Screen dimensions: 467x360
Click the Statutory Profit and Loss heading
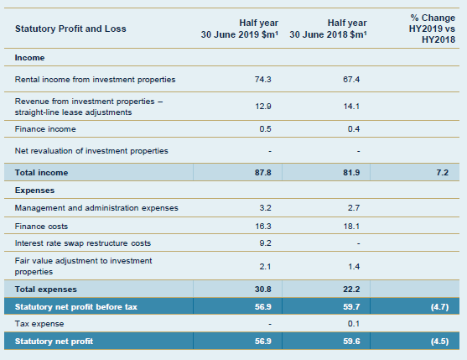(x=70, y=29)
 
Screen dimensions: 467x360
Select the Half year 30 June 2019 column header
(x=240, y=29)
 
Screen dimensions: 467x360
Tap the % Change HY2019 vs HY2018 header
(x=432, y=29)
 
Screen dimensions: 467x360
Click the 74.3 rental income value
(x=262, y=80)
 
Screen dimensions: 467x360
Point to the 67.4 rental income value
(x=351, y=80)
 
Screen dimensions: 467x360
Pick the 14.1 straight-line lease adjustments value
(x=351, y=107)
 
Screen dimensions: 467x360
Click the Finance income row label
(x=45, y=129)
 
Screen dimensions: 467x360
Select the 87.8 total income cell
(x=262, y=173)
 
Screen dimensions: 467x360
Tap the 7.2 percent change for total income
(x=443, y=173)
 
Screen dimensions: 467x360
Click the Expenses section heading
(x=34, y=190)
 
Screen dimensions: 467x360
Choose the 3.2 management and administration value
(x=265, y=208)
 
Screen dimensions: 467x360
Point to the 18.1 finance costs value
(x=351, y=227)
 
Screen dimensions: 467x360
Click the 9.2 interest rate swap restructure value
(x=265, y=243)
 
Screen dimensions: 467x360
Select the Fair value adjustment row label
(x=83, y=266)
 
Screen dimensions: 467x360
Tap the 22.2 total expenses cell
(x=351, y=289)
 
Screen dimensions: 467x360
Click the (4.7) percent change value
(x=440, y=306)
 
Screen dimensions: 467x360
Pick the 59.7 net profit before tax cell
(x=351, y=306)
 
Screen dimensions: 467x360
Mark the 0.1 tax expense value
(x=354, y=324)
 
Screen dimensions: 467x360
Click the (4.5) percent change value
(x=440, y=342)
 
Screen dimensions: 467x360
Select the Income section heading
(x=30, y=58)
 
